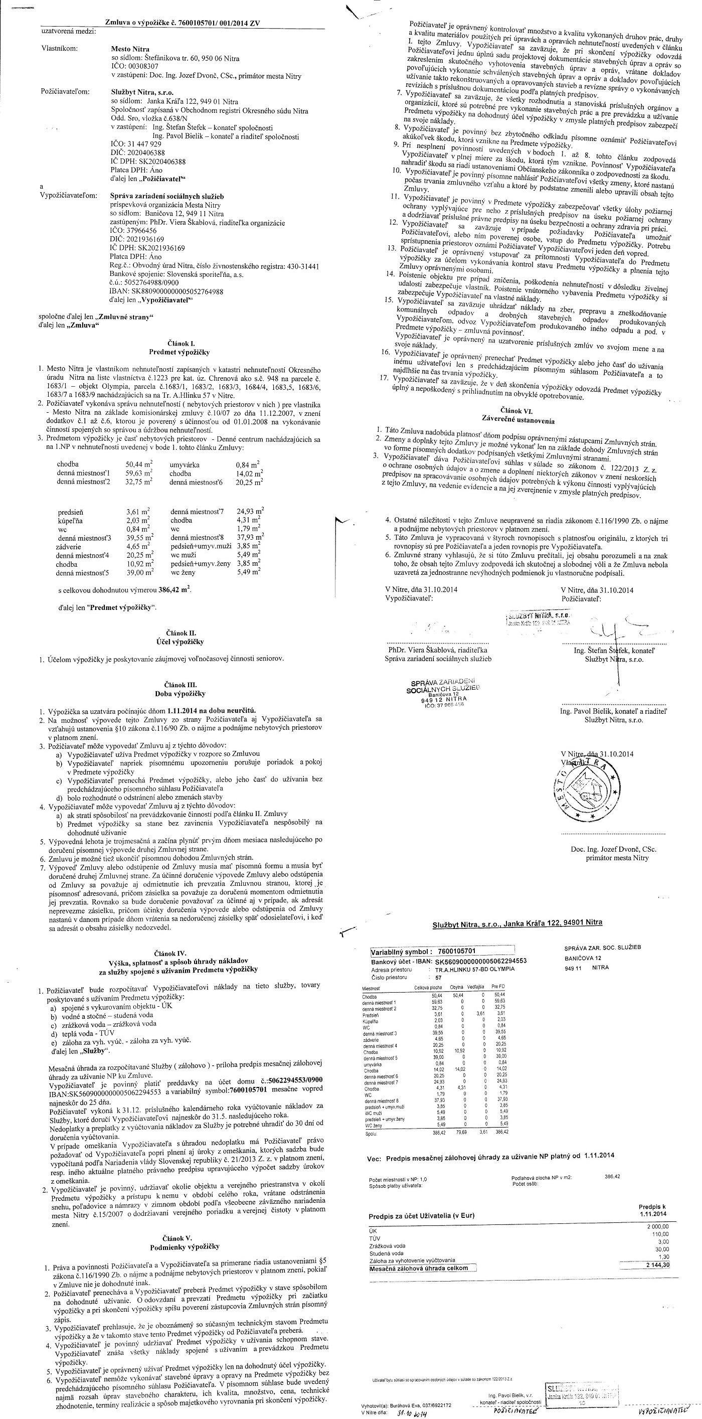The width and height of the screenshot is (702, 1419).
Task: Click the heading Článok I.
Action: [x=181, y=343]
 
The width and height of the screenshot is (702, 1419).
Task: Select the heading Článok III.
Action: [x=181, y=684]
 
